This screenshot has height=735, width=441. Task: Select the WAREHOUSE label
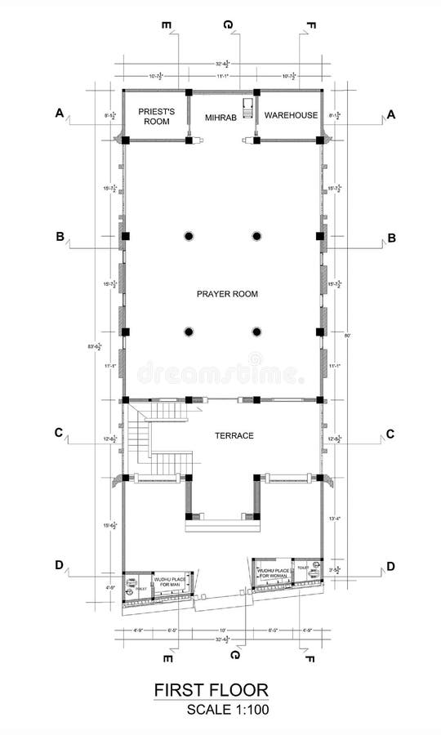tap(290, 115)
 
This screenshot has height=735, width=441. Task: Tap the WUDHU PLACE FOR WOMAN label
tap(274, 572)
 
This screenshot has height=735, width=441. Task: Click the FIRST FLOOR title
tap(212, 691)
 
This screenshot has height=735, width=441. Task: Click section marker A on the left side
tap(60, 114)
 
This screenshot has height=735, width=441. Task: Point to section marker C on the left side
tap(60, 433)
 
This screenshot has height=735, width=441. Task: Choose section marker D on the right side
tap(391, 566)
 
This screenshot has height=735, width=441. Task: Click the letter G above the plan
tap(229, 24)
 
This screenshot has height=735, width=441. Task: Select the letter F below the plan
tap(310, 657)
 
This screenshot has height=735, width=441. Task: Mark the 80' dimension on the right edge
tap(348, 336)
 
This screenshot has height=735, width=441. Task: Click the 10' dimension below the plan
tap(222, 630)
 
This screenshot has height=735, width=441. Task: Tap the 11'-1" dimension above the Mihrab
tap(221, 76)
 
